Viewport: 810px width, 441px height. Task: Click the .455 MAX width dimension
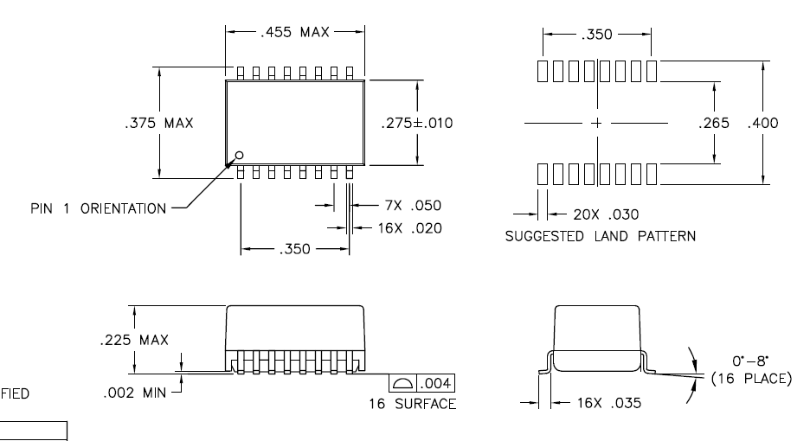tap(295, 32)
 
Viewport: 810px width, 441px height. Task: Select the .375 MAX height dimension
tap(159, 123)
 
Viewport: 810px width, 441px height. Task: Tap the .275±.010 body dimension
tap(417, 123)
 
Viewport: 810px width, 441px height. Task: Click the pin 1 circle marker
tap(239, 155)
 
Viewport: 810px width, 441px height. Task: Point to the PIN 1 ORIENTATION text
tap(99, 208)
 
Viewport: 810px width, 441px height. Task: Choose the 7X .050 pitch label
tap(414, 206)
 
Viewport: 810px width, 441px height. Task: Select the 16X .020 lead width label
tap(410, 228)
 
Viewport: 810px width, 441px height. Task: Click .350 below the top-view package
tap(295, 249)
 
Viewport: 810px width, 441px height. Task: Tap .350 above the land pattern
tap(596, 35)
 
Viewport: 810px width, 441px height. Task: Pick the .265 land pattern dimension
tap(714, 123)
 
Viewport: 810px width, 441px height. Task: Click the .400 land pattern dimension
tap(763, 123)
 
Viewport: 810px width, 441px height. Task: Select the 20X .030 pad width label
tap(607, 214)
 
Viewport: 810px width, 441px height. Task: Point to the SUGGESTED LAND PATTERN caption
tap(601, 236)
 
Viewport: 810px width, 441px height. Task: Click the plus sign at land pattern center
tap(596, 123)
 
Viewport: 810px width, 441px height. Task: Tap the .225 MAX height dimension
tap(134, 340)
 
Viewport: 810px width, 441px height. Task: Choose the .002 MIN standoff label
tap(134, 393)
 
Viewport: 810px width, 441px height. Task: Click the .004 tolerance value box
tap(435, 383)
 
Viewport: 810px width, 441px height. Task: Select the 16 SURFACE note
tap(412, 404)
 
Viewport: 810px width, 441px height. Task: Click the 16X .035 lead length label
tap(609, 403)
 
